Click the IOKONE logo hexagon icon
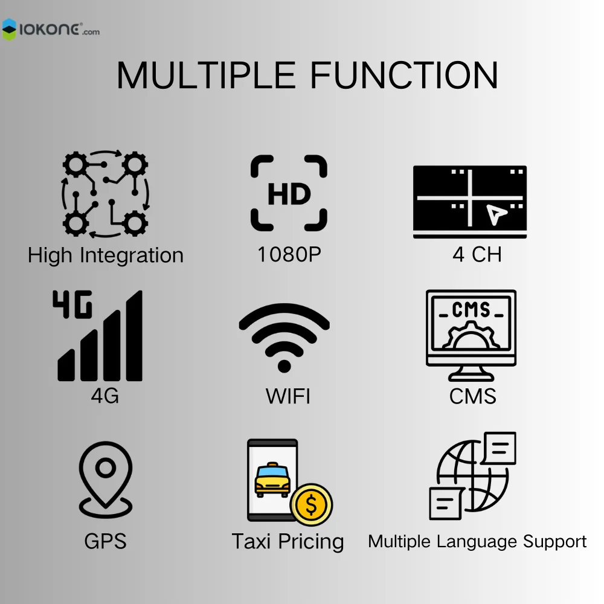(10, 29)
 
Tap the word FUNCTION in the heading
(404, 75)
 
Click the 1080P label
(289, 254)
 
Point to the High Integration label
(106, 255)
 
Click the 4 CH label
(477, 254)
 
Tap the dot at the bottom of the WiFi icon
(284, 365)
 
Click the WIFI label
(288, 397)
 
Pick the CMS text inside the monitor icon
(471, 310)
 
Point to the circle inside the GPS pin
(106, 467)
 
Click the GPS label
(106, 541)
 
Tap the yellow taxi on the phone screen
(272, 480)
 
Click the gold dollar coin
(311, 505)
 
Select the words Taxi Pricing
(288, 541)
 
